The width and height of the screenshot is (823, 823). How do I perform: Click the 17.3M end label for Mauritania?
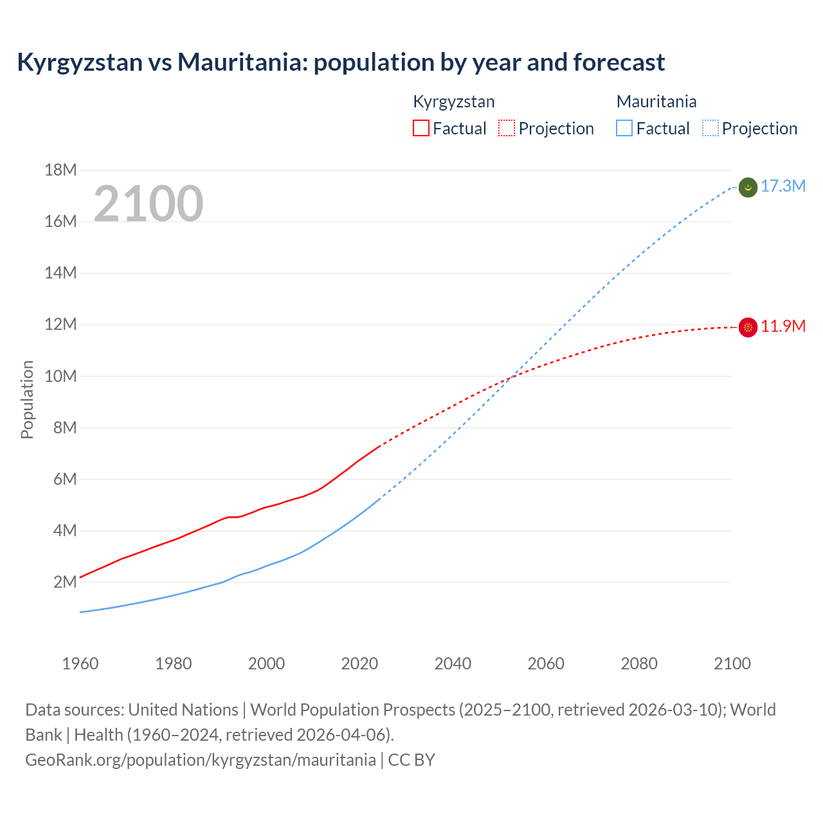[782, 186]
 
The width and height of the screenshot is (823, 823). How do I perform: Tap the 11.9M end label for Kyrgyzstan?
[782, 327]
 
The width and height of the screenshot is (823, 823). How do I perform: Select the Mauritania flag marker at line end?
[748, 188]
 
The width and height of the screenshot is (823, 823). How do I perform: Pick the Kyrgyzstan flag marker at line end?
[748, 327]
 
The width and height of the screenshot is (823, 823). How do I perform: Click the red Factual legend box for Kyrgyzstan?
[421, 128]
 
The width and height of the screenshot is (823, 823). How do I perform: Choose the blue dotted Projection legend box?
[710, 128]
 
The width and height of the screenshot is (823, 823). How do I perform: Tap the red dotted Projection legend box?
[507, 128]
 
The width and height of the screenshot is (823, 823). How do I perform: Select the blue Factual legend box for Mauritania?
[624, 128]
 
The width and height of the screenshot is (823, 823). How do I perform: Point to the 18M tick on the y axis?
[61, 170]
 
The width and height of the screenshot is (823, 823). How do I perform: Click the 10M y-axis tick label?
[61, 376]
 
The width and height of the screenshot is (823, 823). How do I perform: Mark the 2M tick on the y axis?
[65, 583]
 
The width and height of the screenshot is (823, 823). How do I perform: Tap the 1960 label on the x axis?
[80, 664]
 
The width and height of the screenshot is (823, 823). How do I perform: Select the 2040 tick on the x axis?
[453, 664]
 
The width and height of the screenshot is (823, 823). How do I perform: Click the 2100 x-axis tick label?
[732, 664]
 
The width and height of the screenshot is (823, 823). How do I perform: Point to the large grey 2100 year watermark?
[149, 204]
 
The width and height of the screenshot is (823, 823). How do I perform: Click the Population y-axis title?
[27, 399]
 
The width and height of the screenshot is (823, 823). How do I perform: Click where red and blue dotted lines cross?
[511, 377]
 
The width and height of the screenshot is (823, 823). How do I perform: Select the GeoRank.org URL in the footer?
[200, 760]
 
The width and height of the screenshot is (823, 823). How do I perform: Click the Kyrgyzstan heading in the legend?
[453, 102]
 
